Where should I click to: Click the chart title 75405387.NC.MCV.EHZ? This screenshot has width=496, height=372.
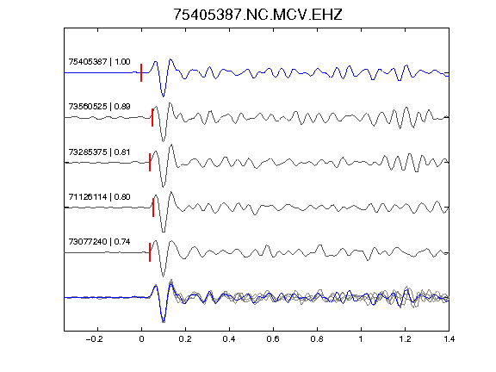257,15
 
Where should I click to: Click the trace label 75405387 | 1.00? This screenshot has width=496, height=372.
99,62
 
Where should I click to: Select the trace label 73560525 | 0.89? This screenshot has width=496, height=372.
99,107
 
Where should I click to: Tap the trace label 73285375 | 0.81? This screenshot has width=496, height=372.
99,152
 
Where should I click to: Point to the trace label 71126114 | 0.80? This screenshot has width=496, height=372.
99,197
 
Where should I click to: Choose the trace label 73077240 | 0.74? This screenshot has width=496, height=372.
99,242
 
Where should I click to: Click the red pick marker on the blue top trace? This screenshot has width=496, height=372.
141,72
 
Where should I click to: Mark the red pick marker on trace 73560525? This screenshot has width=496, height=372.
152,118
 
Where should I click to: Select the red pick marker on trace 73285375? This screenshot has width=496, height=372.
150,162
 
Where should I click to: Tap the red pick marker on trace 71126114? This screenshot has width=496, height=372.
153,208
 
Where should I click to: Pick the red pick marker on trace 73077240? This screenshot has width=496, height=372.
150,252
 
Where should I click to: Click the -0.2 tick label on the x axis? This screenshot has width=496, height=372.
94,339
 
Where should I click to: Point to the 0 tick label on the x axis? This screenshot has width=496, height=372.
141,339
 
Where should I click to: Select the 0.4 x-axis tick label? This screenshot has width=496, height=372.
229,339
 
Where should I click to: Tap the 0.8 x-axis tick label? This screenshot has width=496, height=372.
317,339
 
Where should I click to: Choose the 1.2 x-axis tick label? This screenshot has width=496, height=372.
405,339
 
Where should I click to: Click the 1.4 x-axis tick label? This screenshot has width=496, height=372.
449,339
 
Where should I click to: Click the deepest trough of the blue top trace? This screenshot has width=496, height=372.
163,96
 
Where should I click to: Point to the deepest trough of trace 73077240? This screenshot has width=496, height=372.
163,276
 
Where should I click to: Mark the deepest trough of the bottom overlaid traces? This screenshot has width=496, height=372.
164,322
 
